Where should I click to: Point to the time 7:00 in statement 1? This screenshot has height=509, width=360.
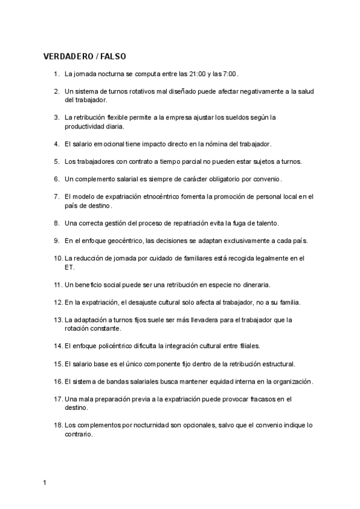click(x=230, y=74)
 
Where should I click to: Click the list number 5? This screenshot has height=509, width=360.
click(x=56, y=161)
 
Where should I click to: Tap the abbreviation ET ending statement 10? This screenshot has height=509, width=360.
click(x=69, y=267)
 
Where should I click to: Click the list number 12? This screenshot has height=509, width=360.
click(x=58, y=302)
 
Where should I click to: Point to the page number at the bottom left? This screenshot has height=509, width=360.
click(x=45, y=482)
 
